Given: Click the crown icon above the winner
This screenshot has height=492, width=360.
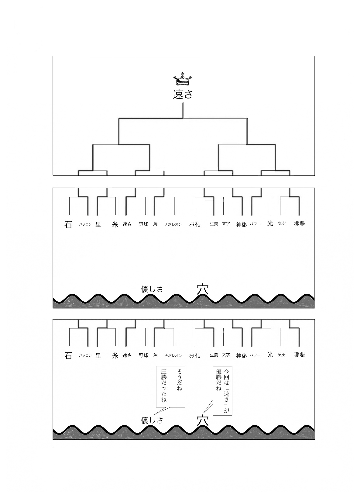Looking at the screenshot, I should (x=183, y=80).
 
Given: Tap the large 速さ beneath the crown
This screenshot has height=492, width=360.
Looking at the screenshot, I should (x=183, y=94).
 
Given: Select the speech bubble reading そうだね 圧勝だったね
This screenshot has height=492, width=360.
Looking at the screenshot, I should (x=170, y=386).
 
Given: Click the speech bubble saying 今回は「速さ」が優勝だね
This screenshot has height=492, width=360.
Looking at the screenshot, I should (x=222, y=390).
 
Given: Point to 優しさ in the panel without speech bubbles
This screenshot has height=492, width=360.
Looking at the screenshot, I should (x=152, y=289).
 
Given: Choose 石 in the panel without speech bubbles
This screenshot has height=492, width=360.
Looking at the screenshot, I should (x=68, y=225).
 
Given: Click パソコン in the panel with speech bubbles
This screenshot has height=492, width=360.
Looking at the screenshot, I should (x=85, y=355).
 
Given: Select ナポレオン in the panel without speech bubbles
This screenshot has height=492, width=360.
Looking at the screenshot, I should (x=173, y=225).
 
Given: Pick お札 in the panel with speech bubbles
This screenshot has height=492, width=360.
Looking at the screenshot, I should (x=194, y=355).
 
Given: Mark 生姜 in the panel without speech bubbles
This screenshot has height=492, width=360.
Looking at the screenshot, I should (x=214, y=224).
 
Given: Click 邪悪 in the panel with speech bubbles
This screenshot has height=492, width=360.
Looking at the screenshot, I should (x=299, y=354).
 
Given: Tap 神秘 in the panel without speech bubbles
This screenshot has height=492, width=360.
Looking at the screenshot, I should (x=242, y=225).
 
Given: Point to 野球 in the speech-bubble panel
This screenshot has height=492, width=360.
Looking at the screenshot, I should (x=143, y=355).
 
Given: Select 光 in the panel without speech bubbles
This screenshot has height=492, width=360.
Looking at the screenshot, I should (x=270, y=223).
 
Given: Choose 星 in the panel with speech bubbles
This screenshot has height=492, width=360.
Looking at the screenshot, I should (x=98, y=355).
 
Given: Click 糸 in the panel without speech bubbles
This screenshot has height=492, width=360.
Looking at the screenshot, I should (x=115, y=225).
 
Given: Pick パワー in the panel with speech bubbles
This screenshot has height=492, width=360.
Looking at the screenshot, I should (x=255, y=355).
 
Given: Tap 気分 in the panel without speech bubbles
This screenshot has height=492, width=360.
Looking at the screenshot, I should (x=282, y=223).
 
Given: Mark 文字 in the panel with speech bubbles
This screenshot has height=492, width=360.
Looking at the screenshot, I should (x=226, y=355).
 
